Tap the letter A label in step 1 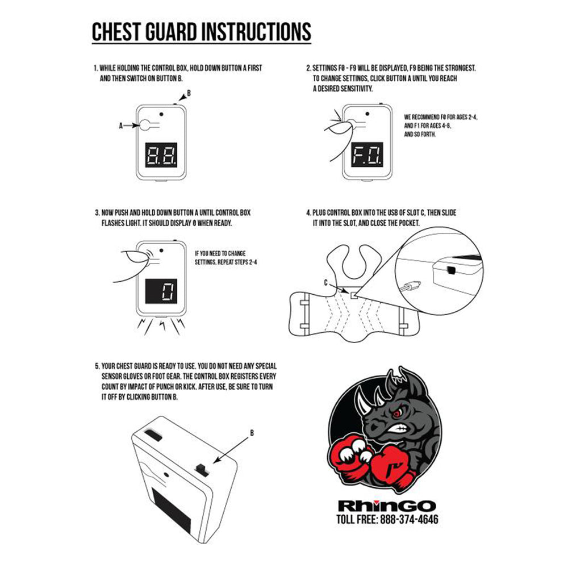121,126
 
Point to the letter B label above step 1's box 189,94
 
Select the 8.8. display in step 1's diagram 161,154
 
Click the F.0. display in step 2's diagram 367,154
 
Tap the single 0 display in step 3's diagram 161,291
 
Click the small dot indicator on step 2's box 367,114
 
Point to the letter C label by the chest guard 326,282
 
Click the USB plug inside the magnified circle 410,286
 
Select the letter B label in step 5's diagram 252,433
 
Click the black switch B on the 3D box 202,469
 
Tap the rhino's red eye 398,413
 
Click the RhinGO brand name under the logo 386,506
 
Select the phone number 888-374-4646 409,520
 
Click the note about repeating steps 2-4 225,257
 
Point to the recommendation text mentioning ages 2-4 441,126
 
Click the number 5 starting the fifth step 97,366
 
